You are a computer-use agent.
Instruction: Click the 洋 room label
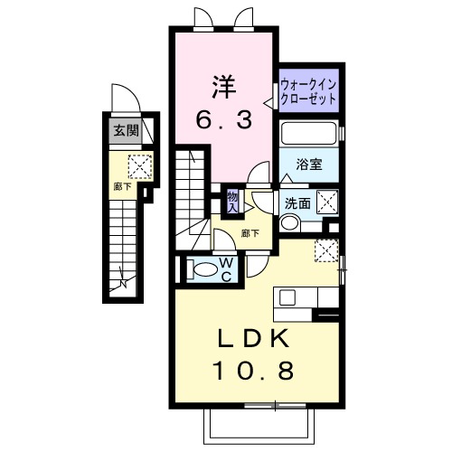pos(223,87)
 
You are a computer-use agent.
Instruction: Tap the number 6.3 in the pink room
pos(223,118)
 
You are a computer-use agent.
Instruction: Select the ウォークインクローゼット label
pos(309,90)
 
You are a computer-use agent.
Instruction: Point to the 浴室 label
pos(310,165)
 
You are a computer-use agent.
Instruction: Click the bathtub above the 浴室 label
pos(308,135)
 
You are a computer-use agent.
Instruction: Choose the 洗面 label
pos(297,202)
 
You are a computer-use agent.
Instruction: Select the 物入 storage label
pos(232,201)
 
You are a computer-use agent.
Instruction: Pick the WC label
pos(227,268)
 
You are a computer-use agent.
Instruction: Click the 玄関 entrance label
pos(126,130)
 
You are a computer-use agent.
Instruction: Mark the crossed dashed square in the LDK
pos(325,250)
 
